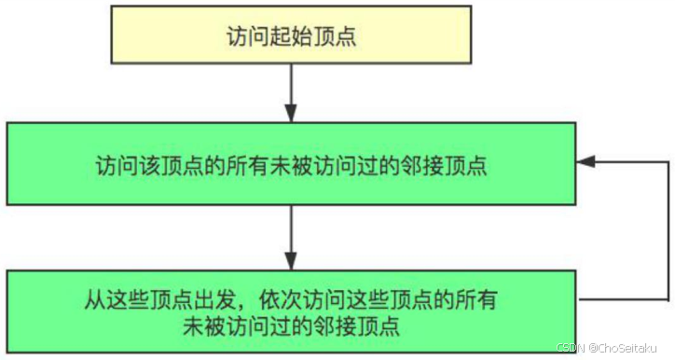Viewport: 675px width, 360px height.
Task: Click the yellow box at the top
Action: (x=293, y=38)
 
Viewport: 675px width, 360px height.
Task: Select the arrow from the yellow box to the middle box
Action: (x=293, y=98)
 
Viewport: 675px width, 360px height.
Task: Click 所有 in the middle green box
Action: (x=271, y=166)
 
